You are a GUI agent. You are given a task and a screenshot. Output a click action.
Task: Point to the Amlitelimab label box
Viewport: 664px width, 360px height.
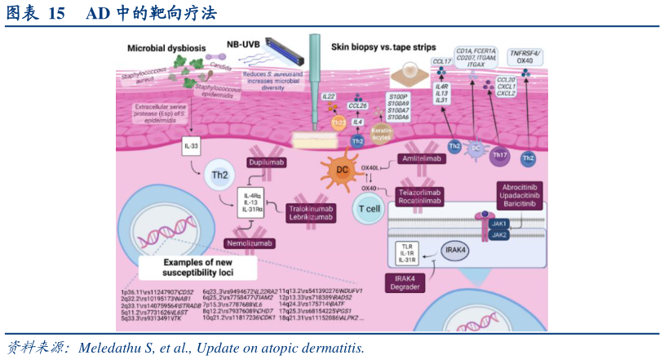[x=422, y=158]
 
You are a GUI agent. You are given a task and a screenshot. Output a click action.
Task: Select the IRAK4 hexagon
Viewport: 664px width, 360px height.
[x=454, y=249]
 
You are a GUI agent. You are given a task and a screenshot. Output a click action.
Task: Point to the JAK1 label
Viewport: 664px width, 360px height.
[x=499, y=224]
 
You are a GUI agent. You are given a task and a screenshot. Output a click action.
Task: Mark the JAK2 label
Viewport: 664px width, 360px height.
[x=499, y=235]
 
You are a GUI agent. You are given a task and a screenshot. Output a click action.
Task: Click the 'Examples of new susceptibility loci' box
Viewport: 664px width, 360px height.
[x=198, y=267]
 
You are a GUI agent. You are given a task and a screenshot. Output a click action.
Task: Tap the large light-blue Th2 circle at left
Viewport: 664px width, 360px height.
[x=219, y=176]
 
